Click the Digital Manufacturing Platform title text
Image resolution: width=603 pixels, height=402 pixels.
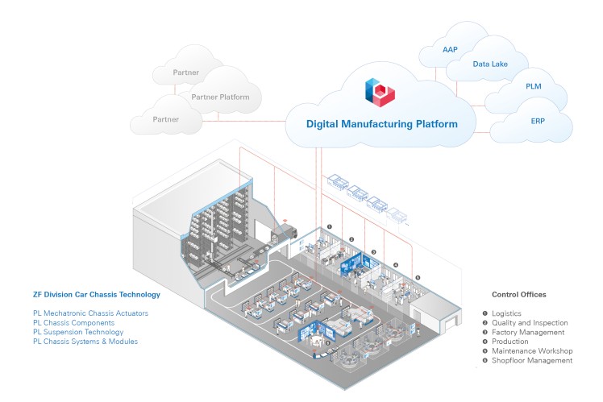381,124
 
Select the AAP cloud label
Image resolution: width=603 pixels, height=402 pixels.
450,50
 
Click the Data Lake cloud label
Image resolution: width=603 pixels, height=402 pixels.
489,64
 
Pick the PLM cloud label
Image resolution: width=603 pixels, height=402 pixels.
533,86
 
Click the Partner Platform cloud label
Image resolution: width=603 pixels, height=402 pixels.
220,97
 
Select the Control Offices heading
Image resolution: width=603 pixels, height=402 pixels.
519,295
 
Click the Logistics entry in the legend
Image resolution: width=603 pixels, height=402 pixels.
507,313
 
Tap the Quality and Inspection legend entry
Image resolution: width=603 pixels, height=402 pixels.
528,322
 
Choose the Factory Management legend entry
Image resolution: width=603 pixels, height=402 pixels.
527,332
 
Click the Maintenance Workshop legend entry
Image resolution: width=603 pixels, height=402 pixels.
532,350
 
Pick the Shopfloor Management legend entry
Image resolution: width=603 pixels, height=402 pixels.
531,360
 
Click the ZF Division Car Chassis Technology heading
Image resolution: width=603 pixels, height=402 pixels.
97,295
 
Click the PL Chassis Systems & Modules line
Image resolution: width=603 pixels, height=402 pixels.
86,342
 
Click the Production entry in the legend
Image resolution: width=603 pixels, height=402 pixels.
510,342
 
